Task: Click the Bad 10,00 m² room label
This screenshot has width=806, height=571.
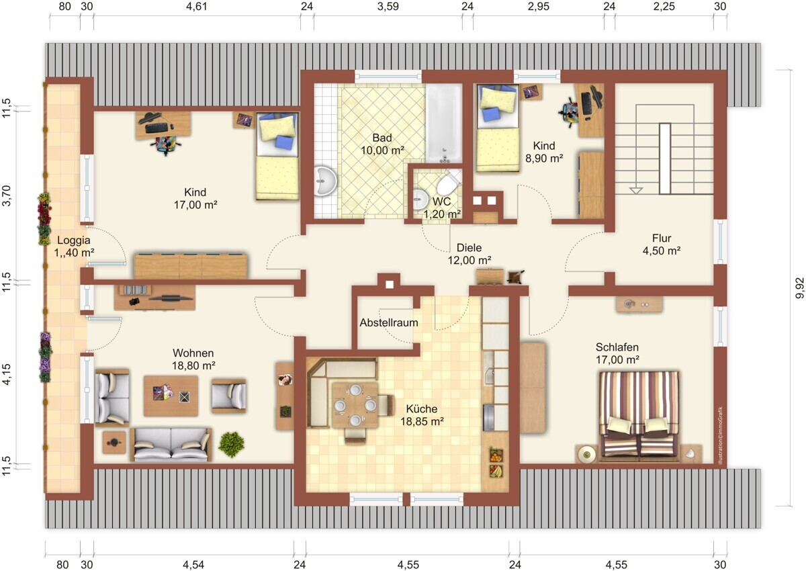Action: pyautogui.click(x=382, y=144)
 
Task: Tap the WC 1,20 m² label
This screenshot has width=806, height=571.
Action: pyautogui.click(x=442, y=208)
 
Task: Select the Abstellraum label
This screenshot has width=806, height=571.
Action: pyautogui.click(x=389, y=322)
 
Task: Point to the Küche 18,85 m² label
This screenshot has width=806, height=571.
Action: pyautogui.click(x=422, y=415)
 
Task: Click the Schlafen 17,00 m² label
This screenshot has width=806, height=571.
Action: pyautogui.click(x=617, y=353)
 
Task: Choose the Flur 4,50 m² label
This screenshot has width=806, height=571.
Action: pyautogui.click(x=662, y=245)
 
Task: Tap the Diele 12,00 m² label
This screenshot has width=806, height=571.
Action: pyautogui.click(x=469, y=254)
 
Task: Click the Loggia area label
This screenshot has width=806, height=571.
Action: pyautogui.click(x=74, y=246)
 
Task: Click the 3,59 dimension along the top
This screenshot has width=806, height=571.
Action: pyautogui.click(x=388, y=7)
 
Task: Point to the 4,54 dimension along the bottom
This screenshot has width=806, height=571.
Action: pyautogui.click(x=193, y=565)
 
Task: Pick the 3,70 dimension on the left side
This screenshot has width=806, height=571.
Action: pyautogui.click(x=7, y=195)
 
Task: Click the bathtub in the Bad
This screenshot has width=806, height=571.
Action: pyautogui.click(x=444, y=124)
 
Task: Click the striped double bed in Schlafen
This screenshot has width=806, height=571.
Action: pyautogui.click(x=639, y=416)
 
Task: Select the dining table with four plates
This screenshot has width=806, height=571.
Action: pyautogui.click(x=355, y=405)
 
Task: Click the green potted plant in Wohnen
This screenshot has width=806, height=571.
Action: pyautogui.click(x=232, y=443)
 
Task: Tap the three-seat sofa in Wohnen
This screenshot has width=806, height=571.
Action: pyautogui.click(x=171, y=444)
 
